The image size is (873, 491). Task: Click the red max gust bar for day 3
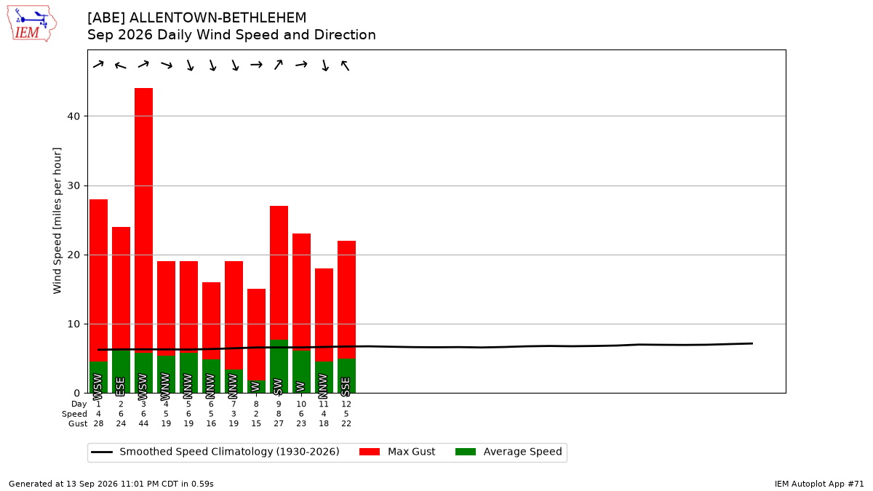pyautogui.click(x=143, y=220)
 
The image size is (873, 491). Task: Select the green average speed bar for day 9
pyautogui.click(x=279, y=367)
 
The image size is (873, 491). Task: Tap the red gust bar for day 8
pyautogui.click(x=256, y=335)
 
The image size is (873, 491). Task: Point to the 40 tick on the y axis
pyautogui.click(x=73, y=116)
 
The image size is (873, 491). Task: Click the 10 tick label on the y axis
pyautogui.click(x=73, y=324)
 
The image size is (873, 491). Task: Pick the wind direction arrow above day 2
pyautogui.click(x=121, y=65)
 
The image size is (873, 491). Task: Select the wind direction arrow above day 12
pyautogui.click(x=346, y=65)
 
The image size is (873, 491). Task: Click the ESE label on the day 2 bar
pyautogui.click(x=121, y=386)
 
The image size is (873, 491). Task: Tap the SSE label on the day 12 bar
pyautogui.click(x=346, y=386)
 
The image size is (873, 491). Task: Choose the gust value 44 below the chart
pyautogui.click(x=143, y=423)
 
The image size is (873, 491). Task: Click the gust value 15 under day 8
pyautogui.click(x=256, y=423)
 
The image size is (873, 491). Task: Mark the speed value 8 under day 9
pyautogui.click(x=279, y=414)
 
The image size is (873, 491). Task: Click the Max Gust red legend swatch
pyautogui.click(x=369, y=452)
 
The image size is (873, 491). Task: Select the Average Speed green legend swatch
pyautogui.click(x=466, y=452)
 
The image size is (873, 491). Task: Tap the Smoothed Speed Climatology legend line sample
pyautogui.click(x=102, y=452)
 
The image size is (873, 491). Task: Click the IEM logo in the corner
pyautogui.click(x=31, y=24)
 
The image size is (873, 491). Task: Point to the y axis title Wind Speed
pyautogui.click(x=57, y=220)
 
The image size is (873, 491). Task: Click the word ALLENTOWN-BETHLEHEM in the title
pyautogui.click(x=218, y=18)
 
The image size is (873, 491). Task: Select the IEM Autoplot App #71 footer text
pyautogui.click(x=819, y=484)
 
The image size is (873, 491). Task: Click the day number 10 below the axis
pyautogui.click(x=301, y=404)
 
